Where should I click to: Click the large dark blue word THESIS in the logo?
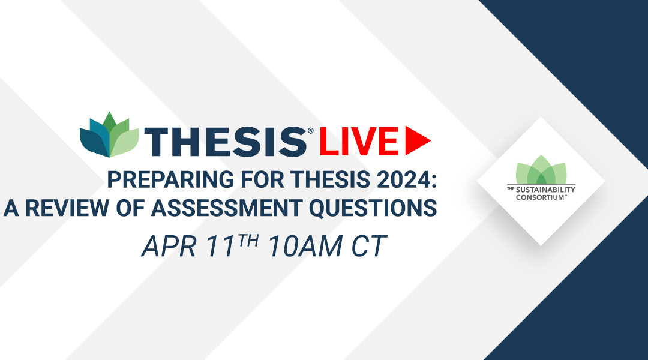pos(226,142)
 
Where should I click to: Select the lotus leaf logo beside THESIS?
pos(110,135)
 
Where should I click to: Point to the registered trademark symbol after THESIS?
pos(310,131)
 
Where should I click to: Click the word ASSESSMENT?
pos(226,208)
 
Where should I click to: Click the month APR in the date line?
pos(169,247)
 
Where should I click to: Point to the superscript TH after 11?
pos(248,240)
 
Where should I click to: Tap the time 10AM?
pos(305,247)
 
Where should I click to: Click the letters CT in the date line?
pos(369,247)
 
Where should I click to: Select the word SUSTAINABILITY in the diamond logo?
pos(545,190)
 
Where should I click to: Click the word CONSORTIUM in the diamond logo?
pos(541,197)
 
